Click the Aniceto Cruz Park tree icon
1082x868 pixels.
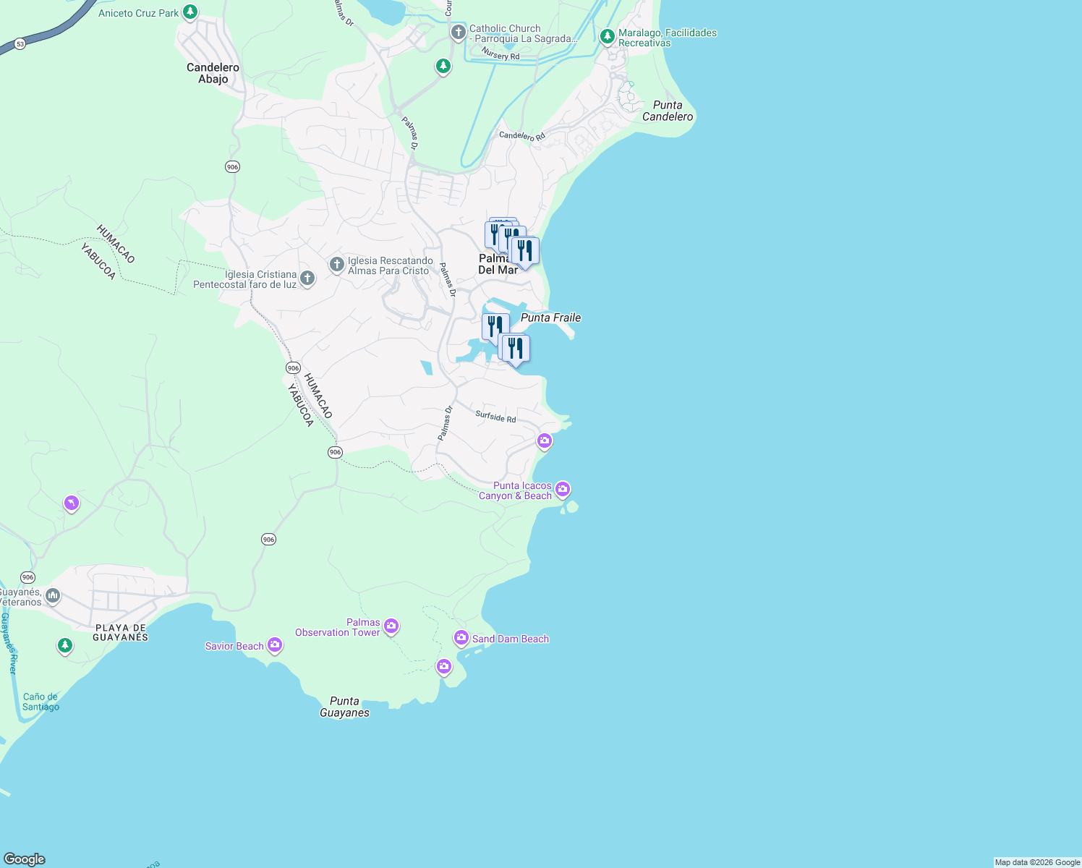pos(190,12)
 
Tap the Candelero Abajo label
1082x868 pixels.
pos(213,73)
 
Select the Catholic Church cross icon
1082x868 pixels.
pos(458,33)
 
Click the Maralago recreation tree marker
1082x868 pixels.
pos(608,36)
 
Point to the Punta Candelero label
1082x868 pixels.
pos(668,111)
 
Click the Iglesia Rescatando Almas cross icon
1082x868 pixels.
pos(336,265)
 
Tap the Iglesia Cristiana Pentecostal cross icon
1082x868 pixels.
pos(307,278)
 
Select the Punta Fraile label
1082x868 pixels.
pos(550,318)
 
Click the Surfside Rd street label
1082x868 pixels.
pos(495,417)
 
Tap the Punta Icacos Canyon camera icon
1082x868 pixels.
pos(563,490)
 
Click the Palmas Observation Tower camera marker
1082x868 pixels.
pos(391,626)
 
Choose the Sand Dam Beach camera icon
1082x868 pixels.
pos(461,638)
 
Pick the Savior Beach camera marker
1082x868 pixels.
pos(274,644)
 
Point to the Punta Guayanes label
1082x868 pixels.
pos(344,707)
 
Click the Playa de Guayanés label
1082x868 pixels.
pos(121,632)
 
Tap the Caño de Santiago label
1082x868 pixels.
pos(41,702)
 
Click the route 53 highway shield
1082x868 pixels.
pos(20,44)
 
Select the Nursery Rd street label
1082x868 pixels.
pos(500,56)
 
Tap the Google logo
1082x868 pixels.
pos(24,859)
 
